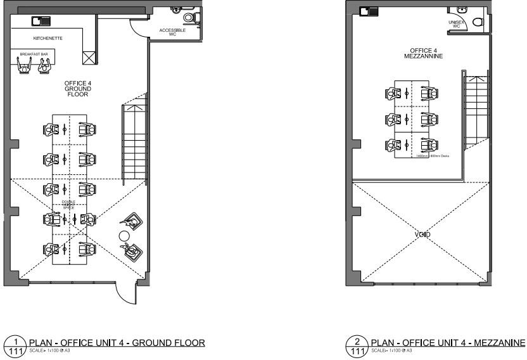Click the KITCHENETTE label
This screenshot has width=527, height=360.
coord(48,39)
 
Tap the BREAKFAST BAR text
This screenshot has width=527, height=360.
coord(34,55)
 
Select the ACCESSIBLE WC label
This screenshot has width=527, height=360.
coord(172,32)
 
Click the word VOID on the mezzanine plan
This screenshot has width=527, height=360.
coord(422,235)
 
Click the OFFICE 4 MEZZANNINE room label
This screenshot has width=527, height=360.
coord(422,53)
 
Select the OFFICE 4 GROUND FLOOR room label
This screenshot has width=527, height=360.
coord(77,89)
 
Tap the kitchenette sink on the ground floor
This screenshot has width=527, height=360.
coord(41,21)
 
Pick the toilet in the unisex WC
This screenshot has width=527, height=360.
coord(478,22)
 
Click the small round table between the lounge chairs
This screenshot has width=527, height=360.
coord(124,236)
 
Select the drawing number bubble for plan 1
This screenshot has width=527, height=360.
coord(12,346)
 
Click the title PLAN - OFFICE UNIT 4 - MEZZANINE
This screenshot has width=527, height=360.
coord(447,343)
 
